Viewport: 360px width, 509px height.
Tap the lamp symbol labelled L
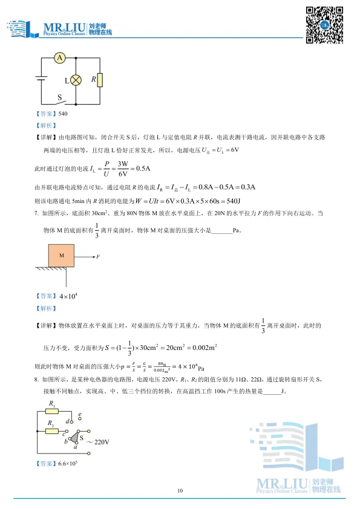click(77, 80)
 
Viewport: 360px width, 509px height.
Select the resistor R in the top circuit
click(100, 80)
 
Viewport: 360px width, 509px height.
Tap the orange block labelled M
click(61, 256)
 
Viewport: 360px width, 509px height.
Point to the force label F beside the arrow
click(97, 257)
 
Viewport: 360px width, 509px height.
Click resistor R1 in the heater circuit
click(53, 411)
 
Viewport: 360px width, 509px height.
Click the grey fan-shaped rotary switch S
click(77, 438)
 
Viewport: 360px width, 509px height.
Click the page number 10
click(180, 491)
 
